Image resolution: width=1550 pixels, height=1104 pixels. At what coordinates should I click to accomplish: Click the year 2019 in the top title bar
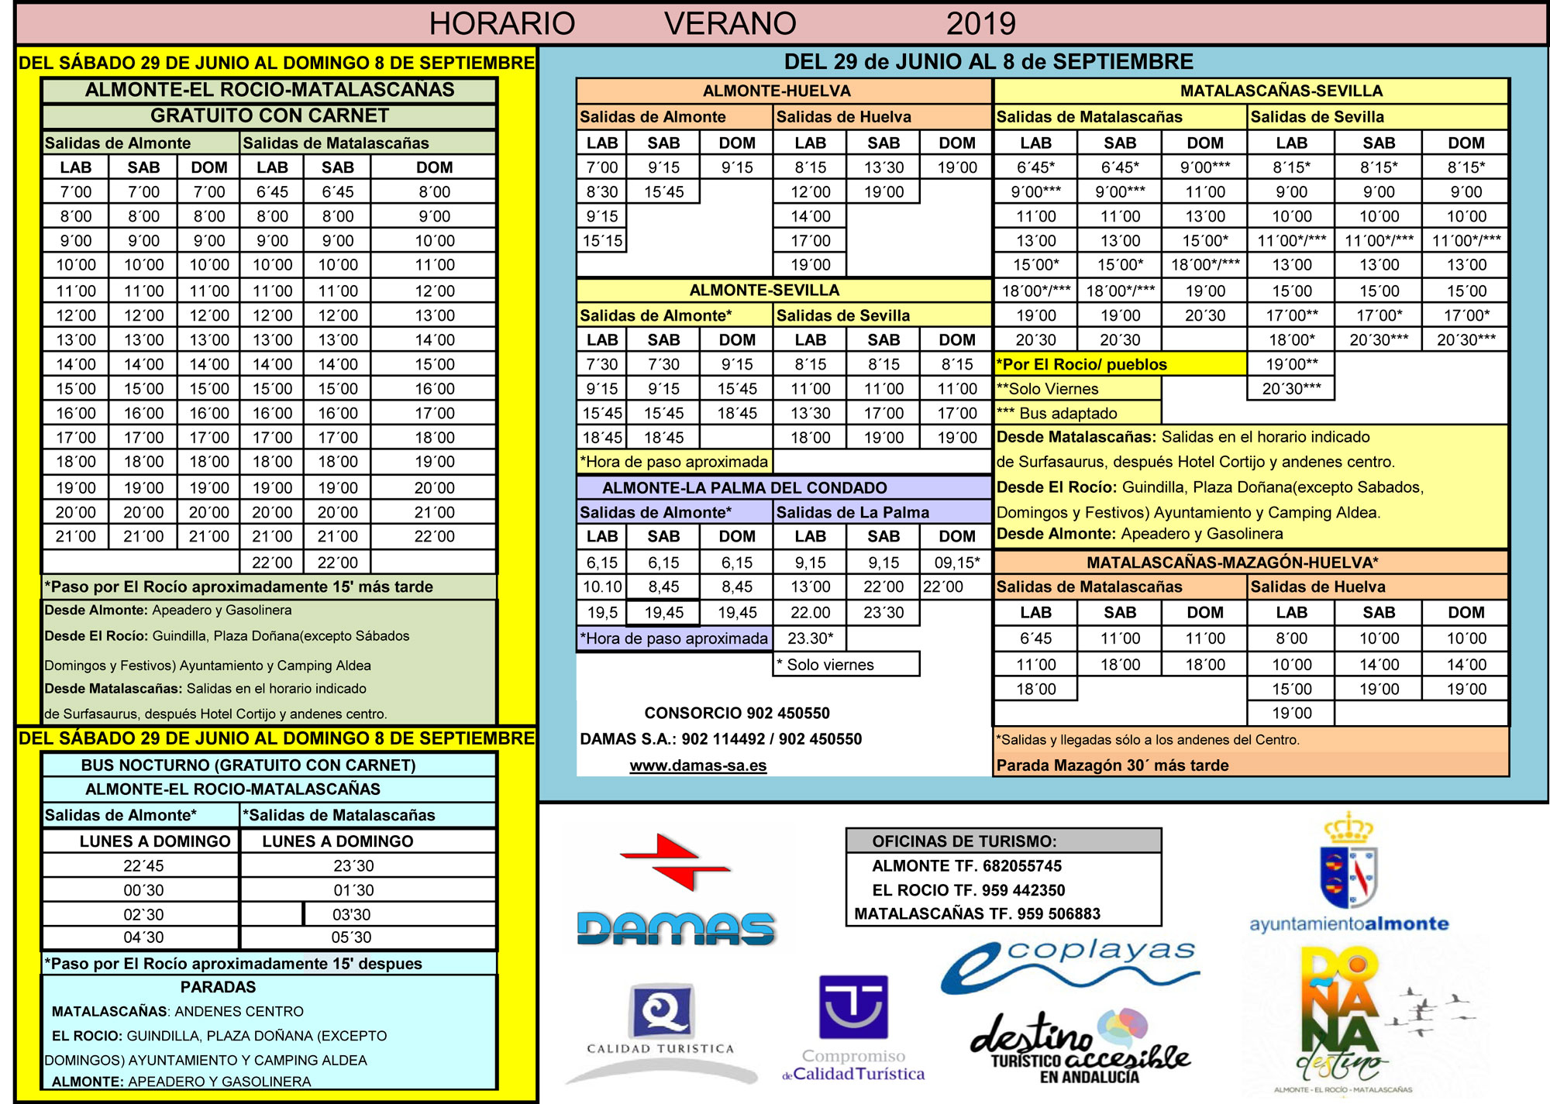[980, 24]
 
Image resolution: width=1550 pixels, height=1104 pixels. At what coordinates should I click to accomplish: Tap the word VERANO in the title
[730, 24]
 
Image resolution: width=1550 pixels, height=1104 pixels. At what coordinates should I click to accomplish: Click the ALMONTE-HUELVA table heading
[777, 91]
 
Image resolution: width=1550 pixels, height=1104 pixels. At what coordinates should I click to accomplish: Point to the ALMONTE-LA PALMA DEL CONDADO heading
[744, 488]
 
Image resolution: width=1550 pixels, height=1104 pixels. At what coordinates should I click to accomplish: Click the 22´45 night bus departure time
[143, 865]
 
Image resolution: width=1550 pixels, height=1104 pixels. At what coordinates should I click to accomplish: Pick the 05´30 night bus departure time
[351, 937]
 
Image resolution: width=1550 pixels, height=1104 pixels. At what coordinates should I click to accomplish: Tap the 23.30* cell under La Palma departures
[810, 638]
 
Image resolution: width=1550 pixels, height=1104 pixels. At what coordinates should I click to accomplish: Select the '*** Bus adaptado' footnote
[1056, 414]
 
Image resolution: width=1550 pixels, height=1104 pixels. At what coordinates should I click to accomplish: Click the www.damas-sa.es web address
[697, 765]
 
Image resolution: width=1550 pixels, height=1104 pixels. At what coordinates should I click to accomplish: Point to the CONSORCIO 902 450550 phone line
[736, 713]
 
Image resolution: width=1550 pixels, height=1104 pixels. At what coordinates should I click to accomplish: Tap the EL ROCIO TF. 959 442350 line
[968, 890]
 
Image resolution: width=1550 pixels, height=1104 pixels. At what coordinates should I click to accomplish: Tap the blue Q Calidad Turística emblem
[661, 1010]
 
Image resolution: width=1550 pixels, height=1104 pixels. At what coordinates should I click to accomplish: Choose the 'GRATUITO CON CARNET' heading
[269, 116]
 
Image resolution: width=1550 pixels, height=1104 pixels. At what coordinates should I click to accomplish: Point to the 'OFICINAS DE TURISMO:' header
[963, 841]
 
